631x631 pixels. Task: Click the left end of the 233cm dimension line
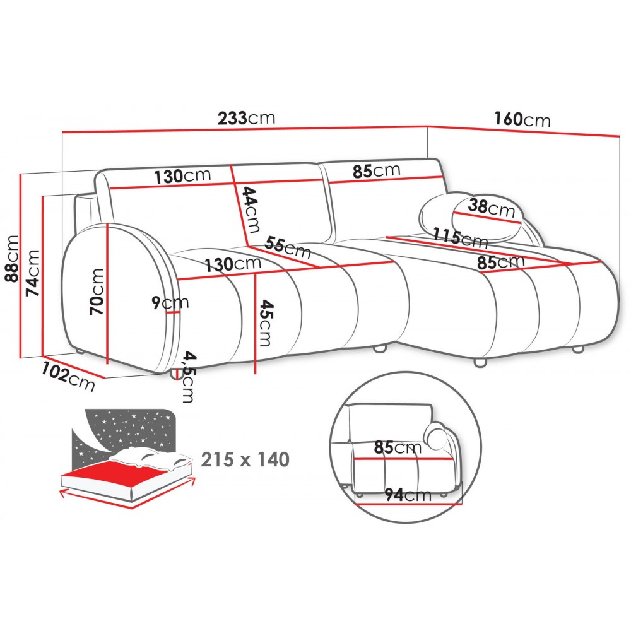(x=62, y=133)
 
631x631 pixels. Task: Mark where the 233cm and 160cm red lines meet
(x=427, y=127)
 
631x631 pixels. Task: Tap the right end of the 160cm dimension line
(x=620, y=136)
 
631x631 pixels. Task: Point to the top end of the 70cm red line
(x=108, y=223)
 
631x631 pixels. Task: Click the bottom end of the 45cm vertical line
(x=255, y=374)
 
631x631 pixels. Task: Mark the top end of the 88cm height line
(x=20, y=174)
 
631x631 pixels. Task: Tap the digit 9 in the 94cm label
(x=389, y=495)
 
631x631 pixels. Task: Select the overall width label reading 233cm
(x=246, y=118)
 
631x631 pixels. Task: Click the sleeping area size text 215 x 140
(x=245, y=459)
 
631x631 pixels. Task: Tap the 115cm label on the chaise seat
(x=461, y=237)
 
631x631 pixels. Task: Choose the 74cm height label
(x=33, y=273)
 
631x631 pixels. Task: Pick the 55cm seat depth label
(x=288, y=247)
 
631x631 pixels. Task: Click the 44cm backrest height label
(x=251, y=209)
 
